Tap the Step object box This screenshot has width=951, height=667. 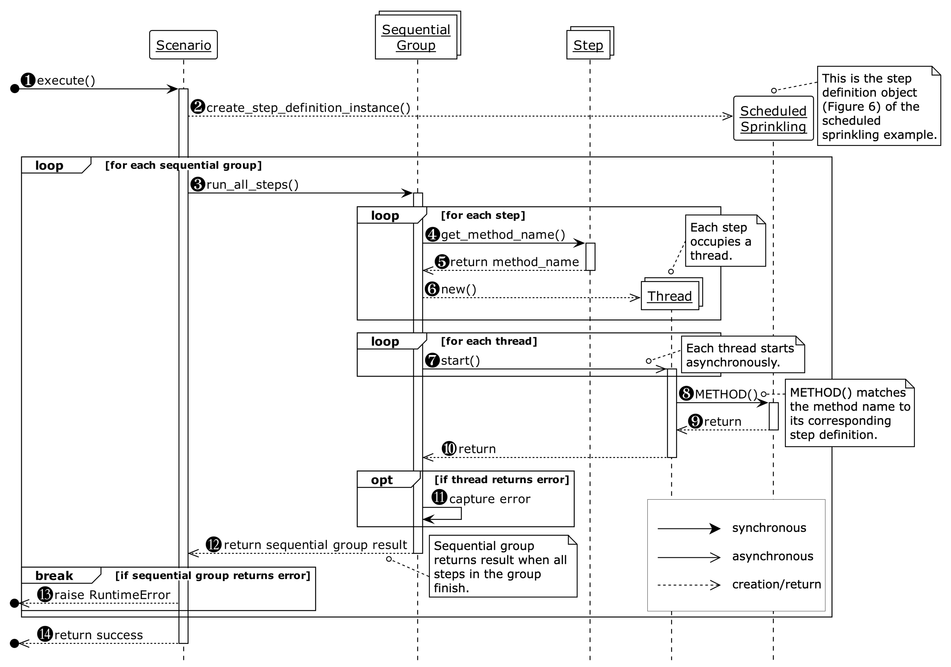coord(588,45)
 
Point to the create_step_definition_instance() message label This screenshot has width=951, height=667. coord(308,108)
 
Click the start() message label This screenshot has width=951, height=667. coord(460,360)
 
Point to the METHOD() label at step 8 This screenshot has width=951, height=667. coord(726,394)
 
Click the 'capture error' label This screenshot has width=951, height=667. coord(490,499)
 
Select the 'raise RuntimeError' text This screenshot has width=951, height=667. coord(112,595)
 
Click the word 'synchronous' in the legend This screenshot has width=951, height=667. coord(769,528)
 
